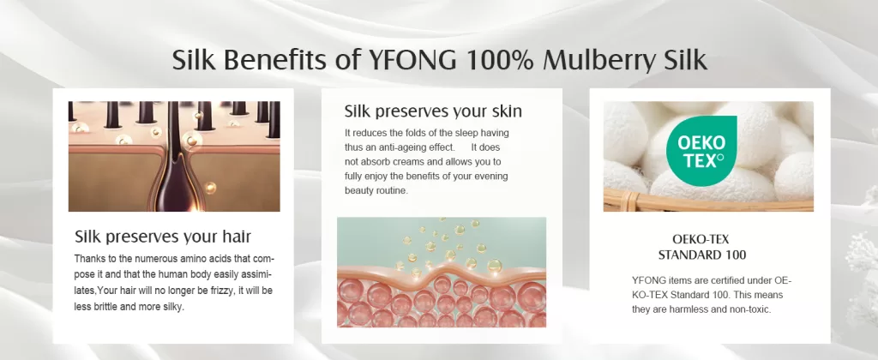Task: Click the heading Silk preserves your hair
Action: pos(163,237)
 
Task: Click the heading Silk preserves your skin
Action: pos(433,111)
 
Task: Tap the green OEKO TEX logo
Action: pos(701,151)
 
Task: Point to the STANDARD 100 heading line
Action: pos(701,255)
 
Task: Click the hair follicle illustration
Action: pos(174,156)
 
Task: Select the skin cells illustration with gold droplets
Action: pos(442,272)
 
